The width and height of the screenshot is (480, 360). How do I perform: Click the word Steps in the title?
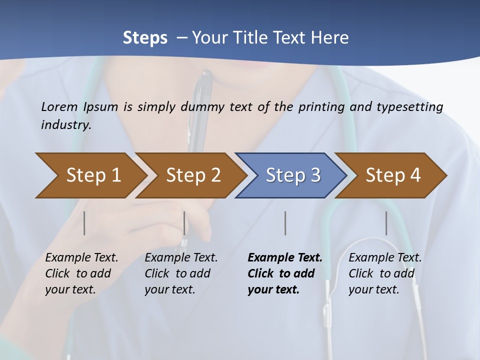point(145,38)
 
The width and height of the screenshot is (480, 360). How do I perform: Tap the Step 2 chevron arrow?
point(193,175)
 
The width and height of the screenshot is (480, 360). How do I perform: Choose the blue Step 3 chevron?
point(293,175)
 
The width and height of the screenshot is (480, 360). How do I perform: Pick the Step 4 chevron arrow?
point(393,175)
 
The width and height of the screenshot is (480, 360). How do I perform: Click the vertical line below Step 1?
point(84,223)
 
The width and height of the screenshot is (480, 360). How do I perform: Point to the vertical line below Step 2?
point(184,223)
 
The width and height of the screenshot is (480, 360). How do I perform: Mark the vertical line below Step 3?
point(285,223)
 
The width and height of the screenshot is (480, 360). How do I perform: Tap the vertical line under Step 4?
point(386,223)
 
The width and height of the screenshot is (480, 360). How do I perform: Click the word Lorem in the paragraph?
point(59,107)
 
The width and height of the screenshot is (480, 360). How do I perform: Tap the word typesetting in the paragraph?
point(412,107)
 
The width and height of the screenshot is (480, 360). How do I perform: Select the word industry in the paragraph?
point(65,125)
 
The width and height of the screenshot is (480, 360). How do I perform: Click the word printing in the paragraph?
point(320,107)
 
